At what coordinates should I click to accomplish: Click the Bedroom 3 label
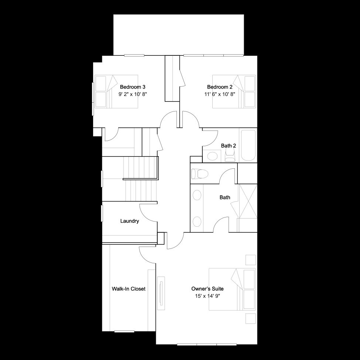133,87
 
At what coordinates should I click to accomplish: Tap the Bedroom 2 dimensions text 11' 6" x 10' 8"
220,94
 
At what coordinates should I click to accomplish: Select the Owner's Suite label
208,289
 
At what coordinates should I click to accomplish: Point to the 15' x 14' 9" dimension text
208,296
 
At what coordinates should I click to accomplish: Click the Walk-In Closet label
128,289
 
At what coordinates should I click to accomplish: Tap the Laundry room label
130,221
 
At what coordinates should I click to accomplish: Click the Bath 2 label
229,145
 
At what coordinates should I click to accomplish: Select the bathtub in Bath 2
248,145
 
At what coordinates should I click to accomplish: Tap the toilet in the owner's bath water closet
199,174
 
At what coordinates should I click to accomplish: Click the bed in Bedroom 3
116,92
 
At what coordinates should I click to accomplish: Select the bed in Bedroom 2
234,92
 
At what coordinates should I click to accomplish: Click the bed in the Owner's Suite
232,289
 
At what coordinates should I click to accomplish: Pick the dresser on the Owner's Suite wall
161,293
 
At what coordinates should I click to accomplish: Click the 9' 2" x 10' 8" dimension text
133,94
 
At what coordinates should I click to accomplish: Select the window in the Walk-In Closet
124,331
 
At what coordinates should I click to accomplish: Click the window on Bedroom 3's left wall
93,99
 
